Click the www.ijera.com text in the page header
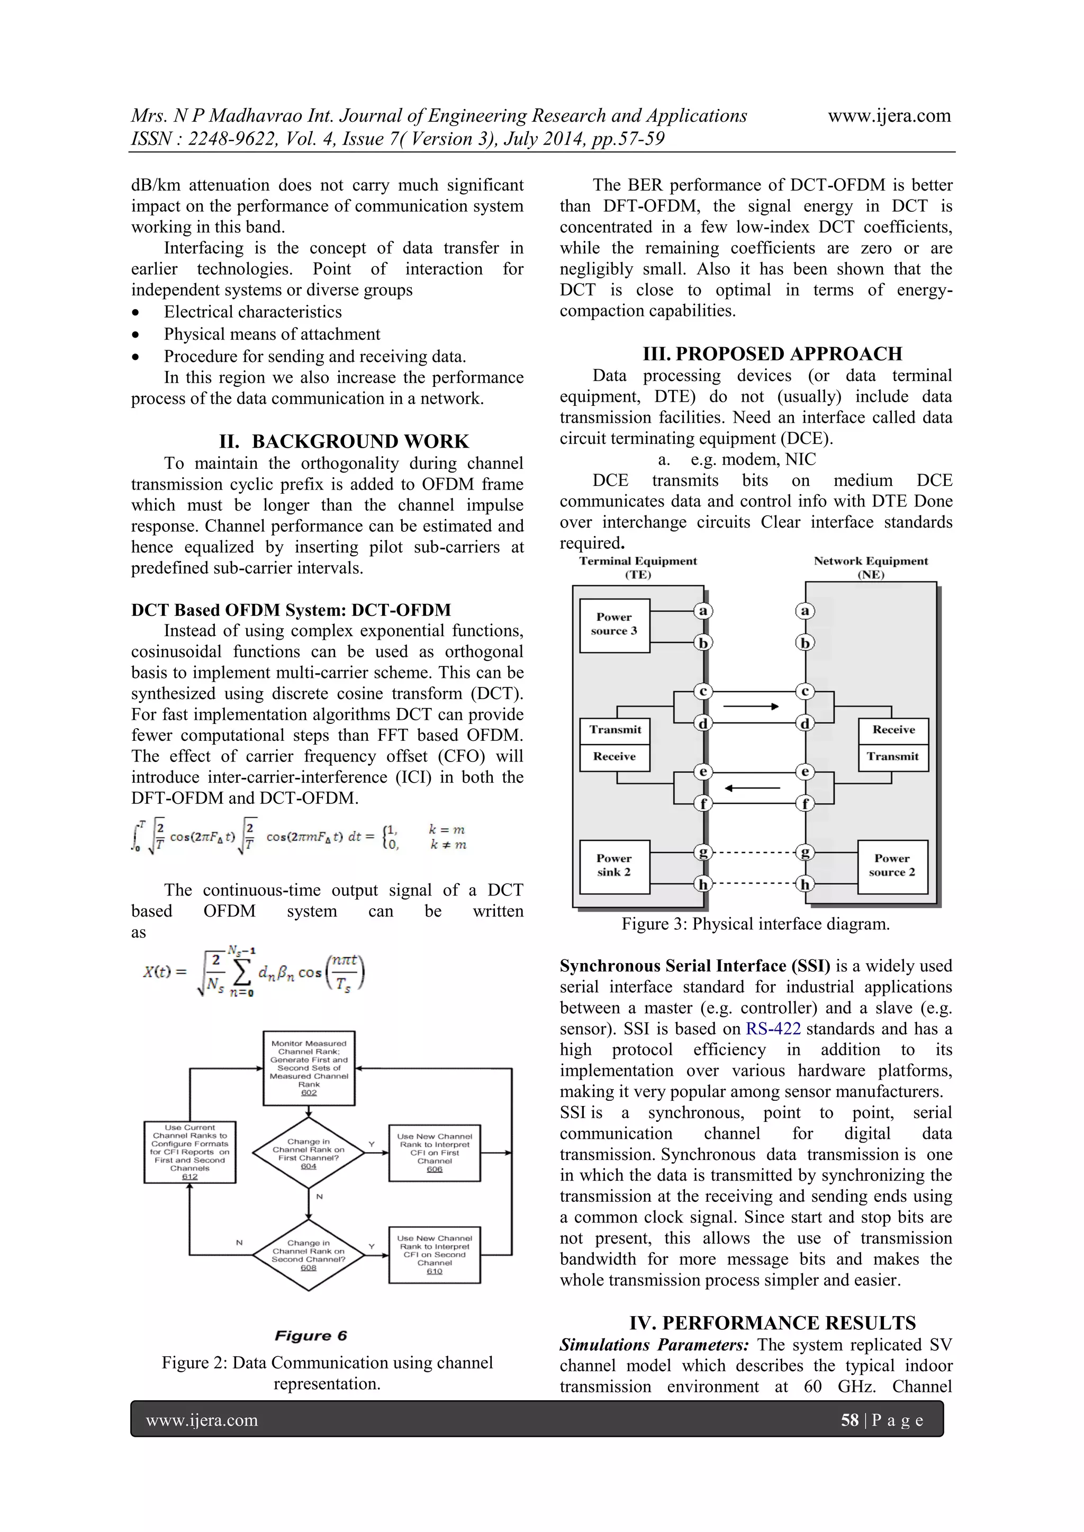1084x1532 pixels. pos(889,115)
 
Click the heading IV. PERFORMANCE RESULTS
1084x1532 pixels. pos(772,1322)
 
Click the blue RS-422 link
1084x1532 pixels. pos(773,1028)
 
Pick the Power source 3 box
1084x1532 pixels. pos(614,624)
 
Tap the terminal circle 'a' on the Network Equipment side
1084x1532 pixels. pos(805,611)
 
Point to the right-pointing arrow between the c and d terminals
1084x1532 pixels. pos(751,706)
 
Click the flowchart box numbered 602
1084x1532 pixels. pos(309,1067)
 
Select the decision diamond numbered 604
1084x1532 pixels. pos(309,1153)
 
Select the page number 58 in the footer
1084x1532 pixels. pos(849,1419)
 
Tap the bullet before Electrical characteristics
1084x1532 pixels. pos(136,312)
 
